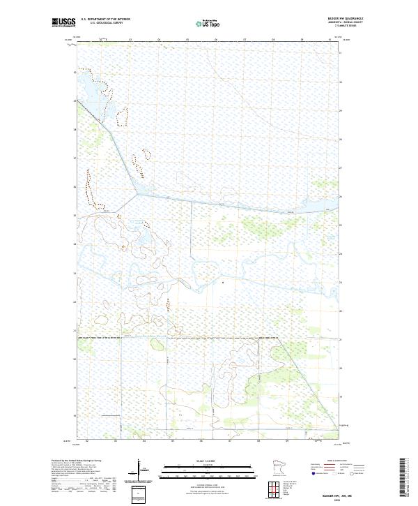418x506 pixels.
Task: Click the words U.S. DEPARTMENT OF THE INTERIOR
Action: [105, 20]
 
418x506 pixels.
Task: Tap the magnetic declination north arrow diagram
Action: [139, 470]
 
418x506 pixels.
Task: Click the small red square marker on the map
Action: [222, 283]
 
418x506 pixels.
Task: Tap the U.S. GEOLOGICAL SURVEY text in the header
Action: [105, 24]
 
